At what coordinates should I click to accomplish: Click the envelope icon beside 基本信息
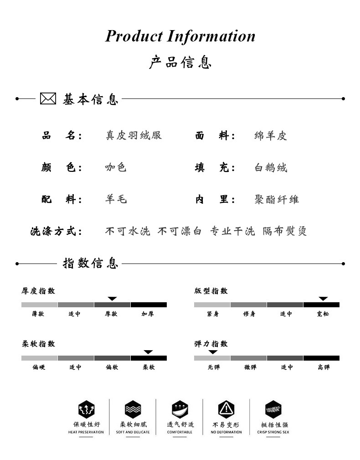(x=48, y=98)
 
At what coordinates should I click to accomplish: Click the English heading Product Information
(x=180, y=36)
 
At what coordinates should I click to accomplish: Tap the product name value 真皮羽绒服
(x=134, y=135)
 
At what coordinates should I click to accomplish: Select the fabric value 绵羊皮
(x=271, y=135)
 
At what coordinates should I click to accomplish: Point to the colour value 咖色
(x=116, y=167)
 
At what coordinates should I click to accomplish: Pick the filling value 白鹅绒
(x=271, y=167)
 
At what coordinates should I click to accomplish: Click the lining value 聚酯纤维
(x=277, y=199)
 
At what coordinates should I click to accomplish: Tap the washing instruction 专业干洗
(x=232, y=231)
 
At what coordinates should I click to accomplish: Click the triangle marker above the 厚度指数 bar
(x=112, y=299)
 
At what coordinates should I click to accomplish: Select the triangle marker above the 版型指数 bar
(x=323, y=299)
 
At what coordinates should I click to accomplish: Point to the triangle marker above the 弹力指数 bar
(x=213, y=352)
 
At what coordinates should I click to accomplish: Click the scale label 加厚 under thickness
(x=148, y=314)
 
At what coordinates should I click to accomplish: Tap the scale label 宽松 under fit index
(x=323, y=314)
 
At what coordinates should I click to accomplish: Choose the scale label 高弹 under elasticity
(x=324, y=367)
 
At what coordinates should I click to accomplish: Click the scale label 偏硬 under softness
(x=39, y=367)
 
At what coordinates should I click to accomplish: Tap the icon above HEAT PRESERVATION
(x=86, y=408)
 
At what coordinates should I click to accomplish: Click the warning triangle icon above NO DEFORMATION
(x=226, y=408)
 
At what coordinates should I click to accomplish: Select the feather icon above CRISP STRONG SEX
(x=273, y=408)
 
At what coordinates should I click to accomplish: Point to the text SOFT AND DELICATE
(x=133, y=432)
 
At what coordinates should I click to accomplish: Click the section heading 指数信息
(x=90, y=264)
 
